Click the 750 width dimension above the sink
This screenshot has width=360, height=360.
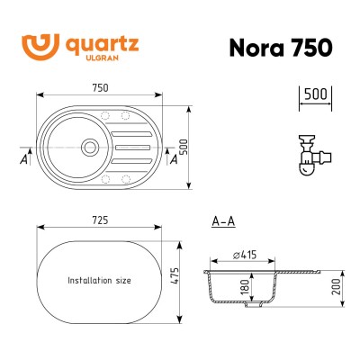[x=100, y=87]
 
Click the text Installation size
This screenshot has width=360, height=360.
[x=99, y=280]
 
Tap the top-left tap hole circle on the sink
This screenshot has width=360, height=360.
[x=106, y=114]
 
